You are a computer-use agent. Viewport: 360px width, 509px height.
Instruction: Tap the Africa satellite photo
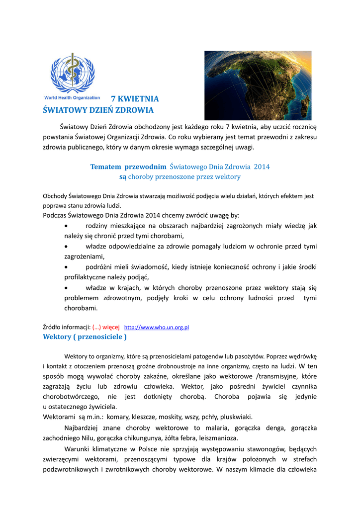[258, 85]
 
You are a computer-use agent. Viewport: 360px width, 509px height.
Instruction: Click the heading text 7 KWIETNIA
[135, 98]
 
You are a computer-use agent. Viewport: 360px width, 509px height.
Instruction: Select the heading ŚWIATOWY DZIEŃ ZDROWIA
[98, 110]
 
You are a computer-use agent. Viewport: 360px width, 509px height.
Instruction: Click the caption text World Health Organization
[72, 98]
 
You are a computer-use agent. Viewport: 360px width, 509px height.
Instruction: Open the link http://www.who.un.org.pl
[156, 328]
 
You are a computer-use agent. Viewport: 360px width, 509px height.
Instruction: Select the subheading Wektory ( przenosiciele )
[85, 337]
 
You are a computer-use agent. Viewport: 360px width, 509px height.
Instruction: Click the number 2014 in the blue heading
[262, 167]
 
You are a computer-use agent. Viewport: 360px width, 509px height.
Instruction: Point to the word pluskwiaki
[238, 417]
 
